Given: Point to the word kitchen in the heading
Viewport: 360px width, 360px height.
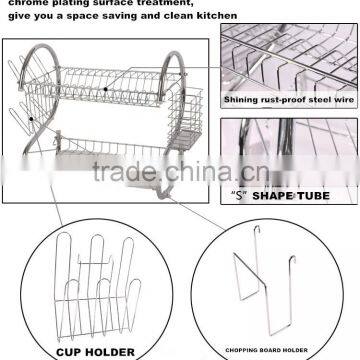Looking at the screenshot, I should [x=214, y=16].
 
